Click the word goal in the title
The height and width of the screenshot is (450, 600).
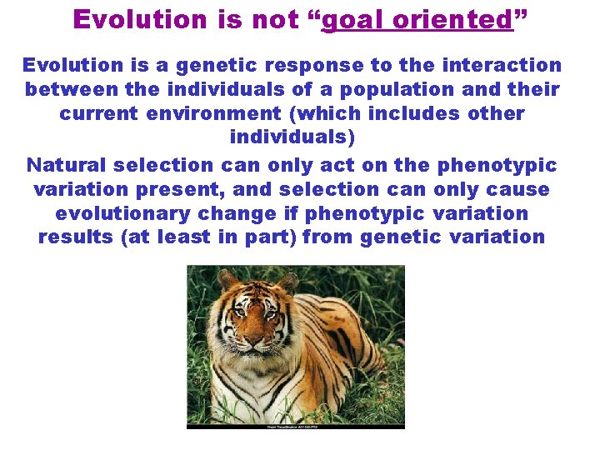349,20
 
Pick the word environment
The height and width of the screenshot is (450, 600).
212,113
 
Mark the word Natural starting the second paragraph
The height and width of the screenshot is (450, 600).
67,165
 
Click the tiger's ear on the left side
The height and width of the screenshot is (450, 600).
226,281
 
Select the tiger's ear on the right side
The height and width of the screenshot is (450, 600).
287,283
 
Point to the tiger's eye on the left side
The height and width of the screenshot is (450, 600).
237,314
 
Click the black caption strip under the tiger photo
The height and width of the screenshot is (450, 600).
296,427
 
